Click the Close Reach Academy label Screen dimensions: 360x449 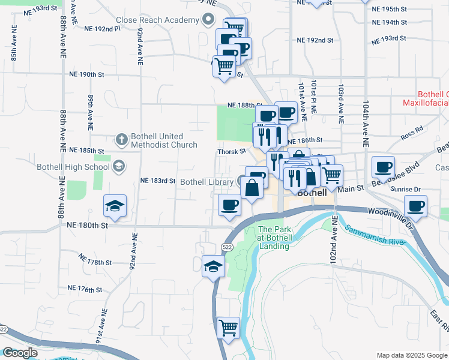(x=157, y=20)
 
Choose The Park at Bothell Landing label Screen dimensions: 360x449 (x=276, y=234)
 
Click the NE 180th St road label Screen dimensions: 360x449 (x=88, y=226)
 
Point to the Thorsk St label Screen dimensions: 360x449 (x=232, y=152)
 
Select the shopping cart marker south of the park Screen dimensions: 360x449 (x=228, y=328)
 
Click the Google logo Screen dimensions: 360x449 (x=20, y=353)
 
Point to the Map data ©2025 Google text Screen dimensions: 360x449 (x=411, y=355)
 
